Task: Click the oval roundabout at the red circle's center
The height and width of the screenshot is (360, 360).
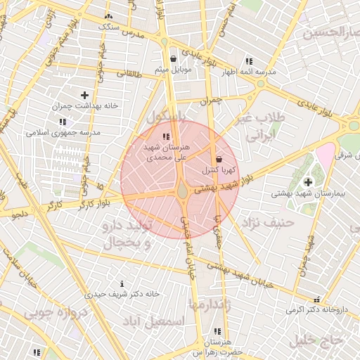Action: click(x=182, y=189)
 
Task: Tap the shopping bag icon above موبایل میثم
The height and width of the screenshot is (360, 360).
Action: click(x=174, y=58)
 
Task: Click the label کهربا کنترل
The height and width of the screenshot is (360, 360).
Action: click(x=220, y=170)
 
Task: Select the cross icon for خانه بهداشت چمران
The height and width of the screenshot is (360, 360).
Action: click(x=84, y=95)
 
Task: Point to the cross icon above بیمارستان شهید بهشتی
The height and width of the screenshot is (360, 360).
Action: click(x=308, y=182)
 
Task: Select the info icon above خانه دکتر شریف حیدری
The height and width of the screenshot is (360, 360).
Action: click(x=122, y=283)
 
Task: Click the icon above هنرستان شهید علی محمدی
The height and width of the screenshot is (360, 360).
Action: click(x=165, y=136)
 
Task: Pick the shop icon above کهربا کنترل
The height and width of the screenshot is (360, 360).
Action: click(x=219, y=159)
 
